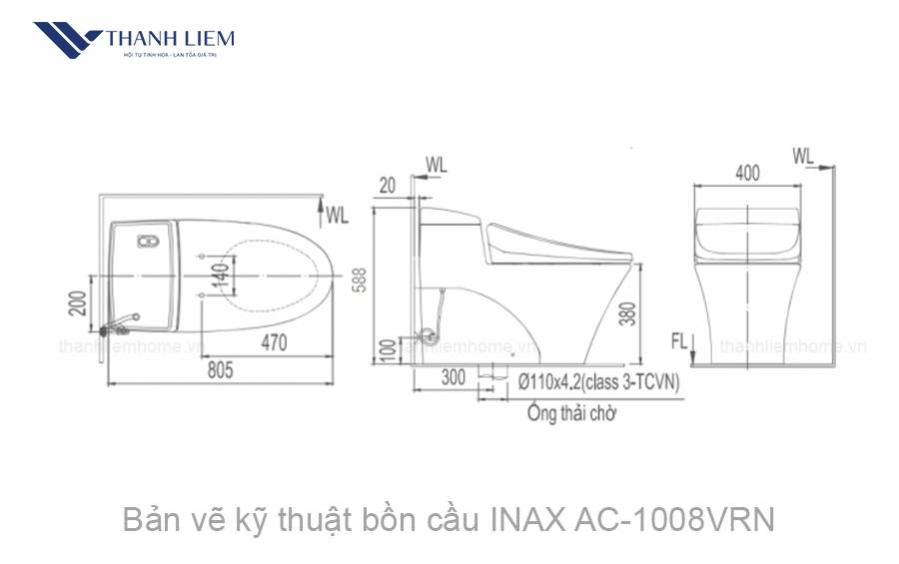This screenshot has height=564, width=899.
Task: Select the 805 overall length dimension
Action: click(x=221, y=370)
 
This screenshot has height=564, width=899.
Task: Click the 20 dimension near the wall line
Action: click(x=388, y=184)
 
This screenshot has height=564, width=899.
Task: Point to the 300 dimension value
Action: click(x=452, y=378)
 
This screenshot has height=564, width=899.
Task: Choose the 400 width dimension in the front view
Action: click(x=746, y=173)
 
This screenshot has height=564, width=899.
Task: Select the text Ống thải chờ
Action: click(x=571, y=413)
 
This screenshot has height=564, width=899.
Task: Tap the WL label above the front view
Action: click(x=803, y=156)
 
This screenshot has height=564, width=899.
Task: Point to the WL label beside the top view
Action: click(x=337, y=214)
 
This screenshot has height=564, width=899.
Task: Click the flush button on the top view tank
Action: click(x=148, y=241)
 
